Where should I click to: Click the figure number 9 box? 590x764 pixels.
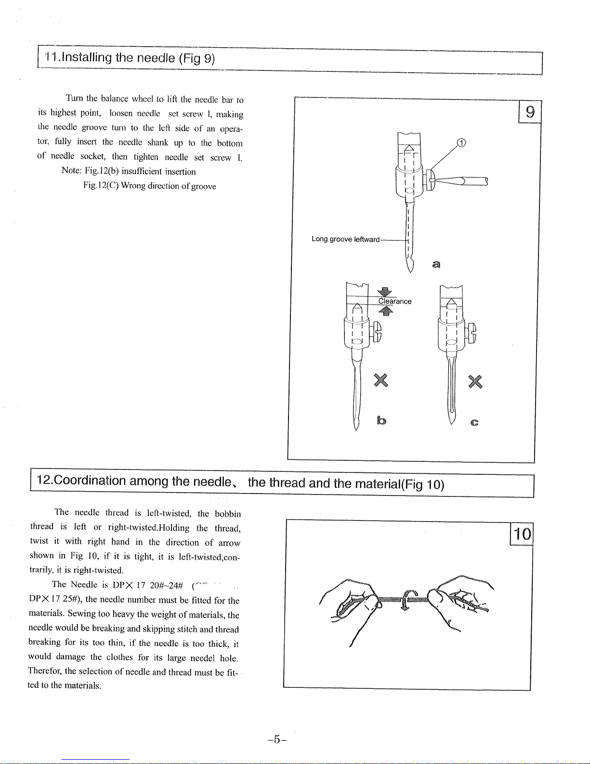coord(530,113)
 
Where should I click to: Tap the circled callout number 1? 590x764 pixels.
coord(461,142)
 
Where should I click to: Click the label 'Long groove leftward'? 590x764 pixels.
coord(345,239)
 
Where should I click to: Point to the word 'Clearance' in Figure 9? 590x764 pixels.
coord(394,301)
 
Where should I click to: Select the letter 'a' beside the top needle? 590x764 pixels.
coord(436,264)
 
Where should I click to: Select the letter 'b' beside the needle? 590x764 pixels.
coord(381,421)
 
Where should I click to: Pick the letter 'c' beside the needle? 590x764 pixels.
coord(474,423)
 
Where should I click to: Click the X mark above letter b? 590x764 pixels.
coord(381,380)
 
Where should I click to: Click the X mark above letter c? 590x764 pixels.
coord(475,381)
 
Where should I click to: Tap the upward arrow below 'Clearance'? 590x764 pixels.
coord(386,311)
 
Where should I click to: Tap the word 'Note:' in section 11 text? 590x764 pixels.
coord(72,171)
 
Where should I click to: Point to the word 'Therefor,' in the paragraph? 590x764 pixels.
coord(45,671)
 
